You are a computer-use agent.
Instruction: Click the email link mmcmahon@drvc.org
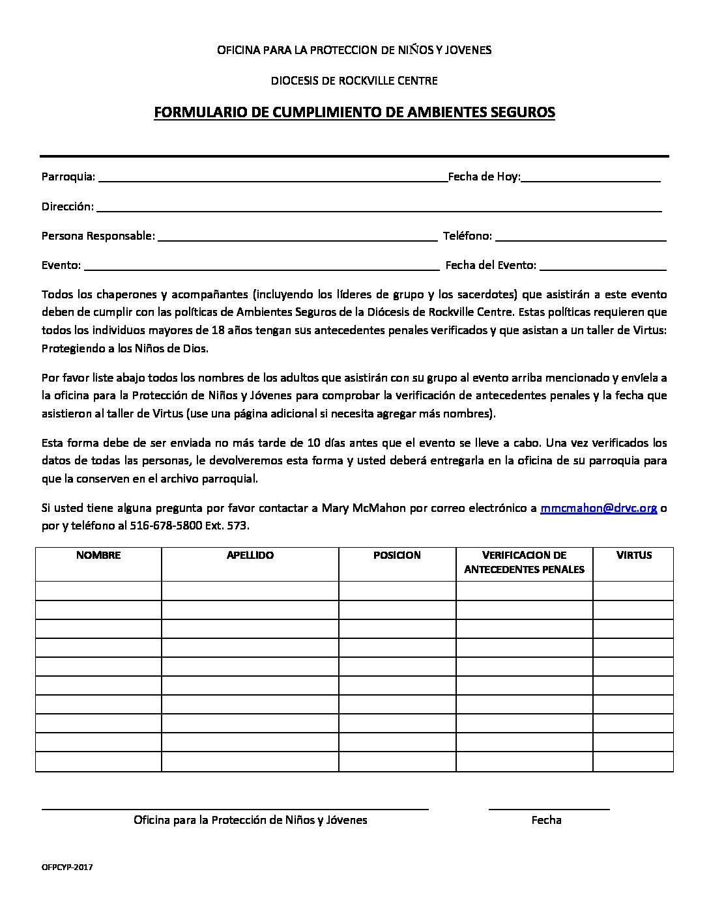click(598, 508)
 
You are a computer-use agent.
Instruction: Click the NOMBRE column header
click(98, 556)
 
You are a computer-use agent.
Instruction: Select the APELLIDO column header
click(250, 556)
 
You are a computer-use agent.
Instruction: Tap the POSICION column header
click(397, 556)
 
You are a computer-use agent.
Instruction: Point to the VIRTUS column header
click(633, 556)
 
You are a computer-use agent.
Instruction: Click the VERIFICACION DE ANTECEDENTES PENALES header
click(524, 563)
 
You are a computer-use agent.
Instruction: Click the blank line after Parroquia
click(272, 177)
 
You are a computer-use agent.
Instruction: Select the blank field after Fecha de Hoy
click(591, 177)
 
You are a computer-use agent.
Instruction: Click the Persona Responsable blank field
click(297, 236)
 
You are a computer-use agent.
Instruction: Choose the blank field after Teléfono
click(581, 236)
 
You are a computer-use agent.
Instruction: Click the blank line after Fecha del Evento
click(603, 266)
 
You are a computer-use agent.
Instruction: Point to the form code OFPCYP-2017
click(67, 868)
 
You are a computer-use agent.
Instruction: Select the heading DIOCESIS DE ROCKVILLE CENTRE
click(354, 81)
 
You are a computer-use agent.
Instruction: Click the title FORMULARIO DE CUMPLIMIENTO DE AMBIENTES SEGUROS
click(354, 113)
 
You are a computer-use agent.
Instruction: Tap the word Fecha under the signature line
click(546, 820)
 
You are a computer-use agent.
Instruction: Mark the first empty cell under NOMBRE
click(98, 591)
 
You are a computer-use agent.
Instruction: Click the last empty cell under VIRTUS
click(633, 762)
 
